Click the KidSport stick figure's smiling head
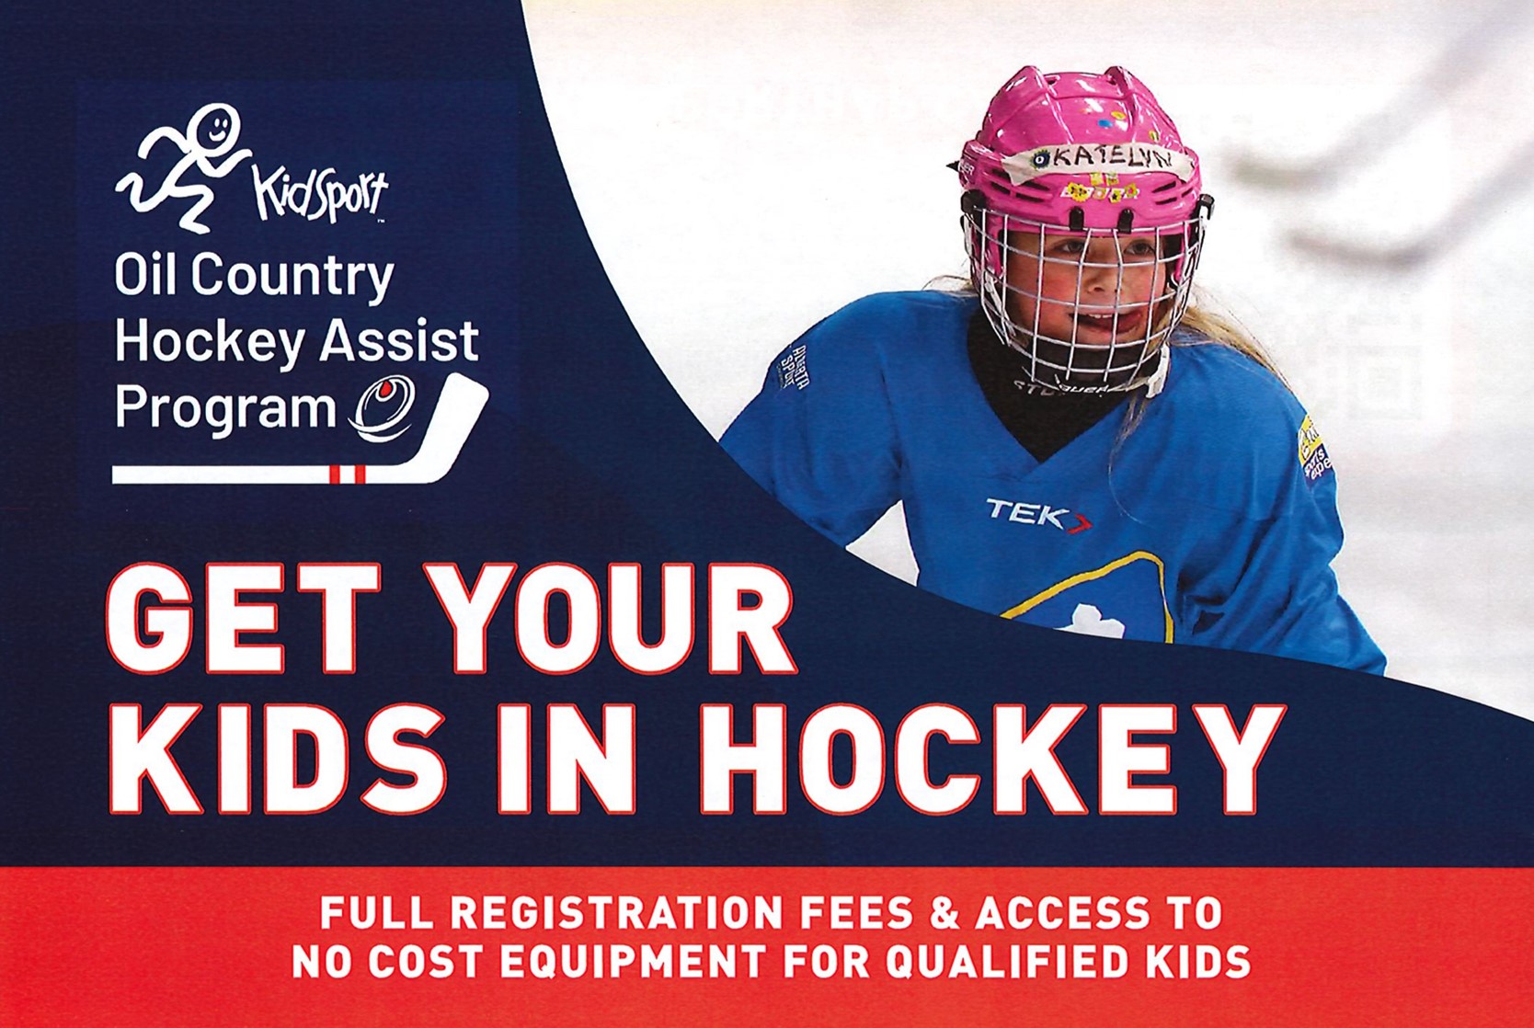[x=217, y=126]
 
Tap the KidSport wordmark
[x=320, y=192]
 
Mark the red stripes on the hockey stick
[x=347, y=474]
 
